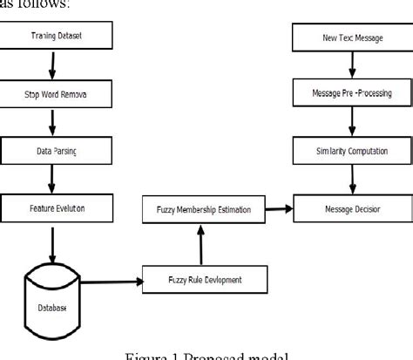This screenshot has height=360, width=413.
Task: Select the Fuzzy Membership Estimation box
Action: pyautogui.click(x=202, y=209)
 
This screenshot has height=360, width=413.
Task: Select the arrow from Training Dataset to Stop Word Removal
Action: pyautogui.click(x=54, y=65)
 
